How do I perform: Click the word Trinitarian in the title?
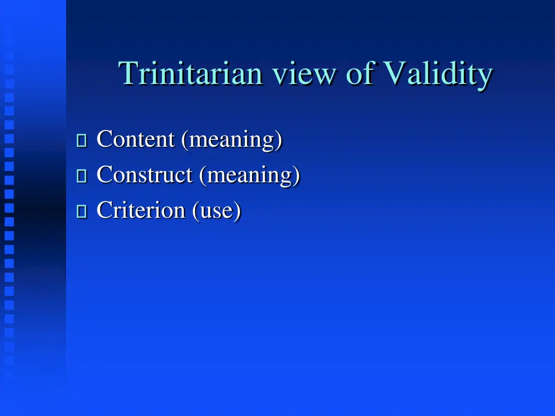(x=190, y=74)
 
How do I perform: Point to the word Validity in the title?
(x=437, y=75)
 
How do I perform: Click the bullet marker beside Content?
(x=82, y=141)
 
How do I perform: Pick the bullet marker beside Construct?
(x=82, y=176)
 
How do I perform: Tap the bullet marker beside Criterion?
(x=82, y=211)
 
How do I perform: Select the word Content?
(x=135, y=139)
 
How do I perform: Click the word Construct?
(x=144, y=174)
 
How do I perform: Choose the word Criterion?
(x=140, y=210)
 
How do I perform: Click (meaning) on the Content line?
(x=232, y=140)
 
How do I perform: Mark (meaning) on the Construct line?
(x=249, y=175)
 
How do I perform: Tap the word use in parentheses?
(x=216, y=211)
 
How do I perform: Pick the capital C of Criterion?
(x=104, y=210)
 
